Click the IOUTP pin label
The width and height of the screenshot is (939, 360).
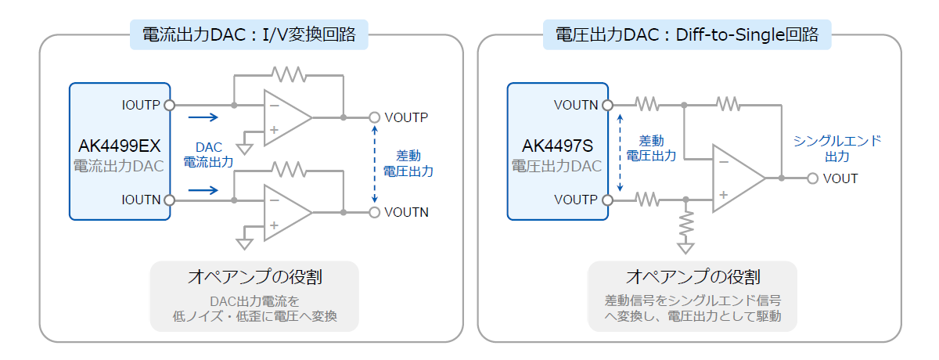(x=141, y=105)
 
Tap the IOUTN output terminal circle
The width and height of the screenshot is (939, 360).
(x=169, y=200)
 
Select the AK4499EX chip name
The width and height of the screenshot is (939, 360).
(x=120, y=146)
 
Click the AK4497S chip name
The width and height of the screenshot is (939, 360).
(x=557, y=146)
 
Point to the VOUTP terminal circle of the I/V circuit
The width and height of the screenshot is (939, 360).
(x=374, y=117)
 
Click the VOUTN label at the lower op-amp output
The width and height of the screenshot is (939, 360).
(x=406, y=213)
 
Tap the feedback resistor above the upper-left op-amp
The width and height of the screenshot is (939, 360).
(x=289, y=74)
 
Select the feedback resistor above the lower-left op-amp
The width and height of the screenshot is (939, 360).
(x=289, y=170)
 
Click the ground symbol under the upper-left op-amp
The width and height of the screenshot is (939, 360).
(x=244, y=149)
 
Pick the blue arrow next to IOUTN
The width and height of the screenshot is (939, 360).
(x=203, y=191)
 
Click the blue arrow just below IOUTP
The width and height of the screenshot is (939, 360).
(x=203, y=117)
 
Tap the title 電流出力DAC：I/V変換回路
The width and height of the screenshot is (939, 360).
(x=249, y=34)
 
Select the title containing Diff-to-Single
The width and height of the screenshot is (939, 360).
(x=687, y=34)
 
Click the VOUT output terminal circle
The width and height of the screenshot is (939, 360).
(x=812, y=178)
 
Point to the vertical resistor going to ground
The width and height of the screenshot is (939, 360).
(x=686, y=224)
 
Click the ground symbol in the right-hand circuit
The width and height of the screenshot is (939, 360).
(x=685, y=248)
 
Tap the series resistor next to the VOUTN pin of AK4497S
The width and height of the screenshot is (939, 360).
(x=647, y=104)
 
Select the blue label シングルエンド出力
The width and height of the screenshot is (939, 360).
(x=837, y=149)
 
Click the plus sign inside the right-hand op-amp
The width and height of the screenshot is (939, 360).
(x=724, y=195)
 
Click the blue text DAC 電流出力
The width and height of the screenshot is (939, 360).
(x=208, y=155)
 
